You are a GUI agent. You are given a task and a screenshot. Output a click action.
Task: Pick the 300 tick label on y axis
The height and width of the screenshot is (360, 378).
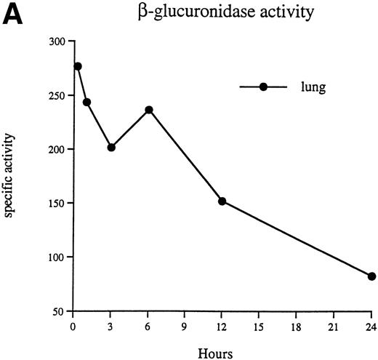pyautogui.click(x=56, y=41)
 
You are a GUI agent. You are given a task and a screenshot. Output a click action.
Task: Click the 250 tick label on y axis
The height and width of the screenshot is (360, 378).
pyautogui.click(x=56, y=95)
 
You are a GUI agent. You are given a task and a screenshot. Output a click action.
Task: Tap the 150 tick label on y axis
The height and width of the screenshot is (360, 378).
pyautogui.click(x=56, y=203)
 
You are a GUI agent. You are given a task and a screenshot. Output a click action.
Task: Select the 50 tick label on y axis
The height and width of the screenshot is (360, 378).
pyautogui.click(x=58, y=311)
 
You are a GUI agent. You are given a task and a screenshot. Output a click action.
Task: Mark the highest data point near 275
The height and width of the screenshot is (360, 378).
pyautogui.click(x=78, y=66)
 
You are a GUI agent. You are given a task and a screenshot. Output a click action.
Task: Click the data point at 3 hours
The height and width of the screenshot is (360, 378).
pyautogui.click(x=111, y=147)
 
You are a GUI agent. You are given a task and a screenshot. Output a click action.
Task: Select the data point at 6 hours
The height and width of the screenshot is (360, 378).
pyautogui.click(x=149, y=110)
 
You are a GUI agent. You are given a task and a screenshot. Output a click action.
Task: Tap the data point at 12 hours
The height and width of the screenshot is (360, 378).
pyautogui.click(x=222, y=201)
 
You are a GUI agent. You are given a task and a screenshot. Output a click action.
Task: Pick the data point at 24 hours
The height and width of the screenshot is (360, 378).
pyautogui.click(x=371, y=276)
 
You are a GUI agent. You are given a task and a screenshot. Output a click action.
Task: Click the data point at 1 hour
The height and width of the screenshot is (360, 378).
pyautogui.click(x=87, y=102)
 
